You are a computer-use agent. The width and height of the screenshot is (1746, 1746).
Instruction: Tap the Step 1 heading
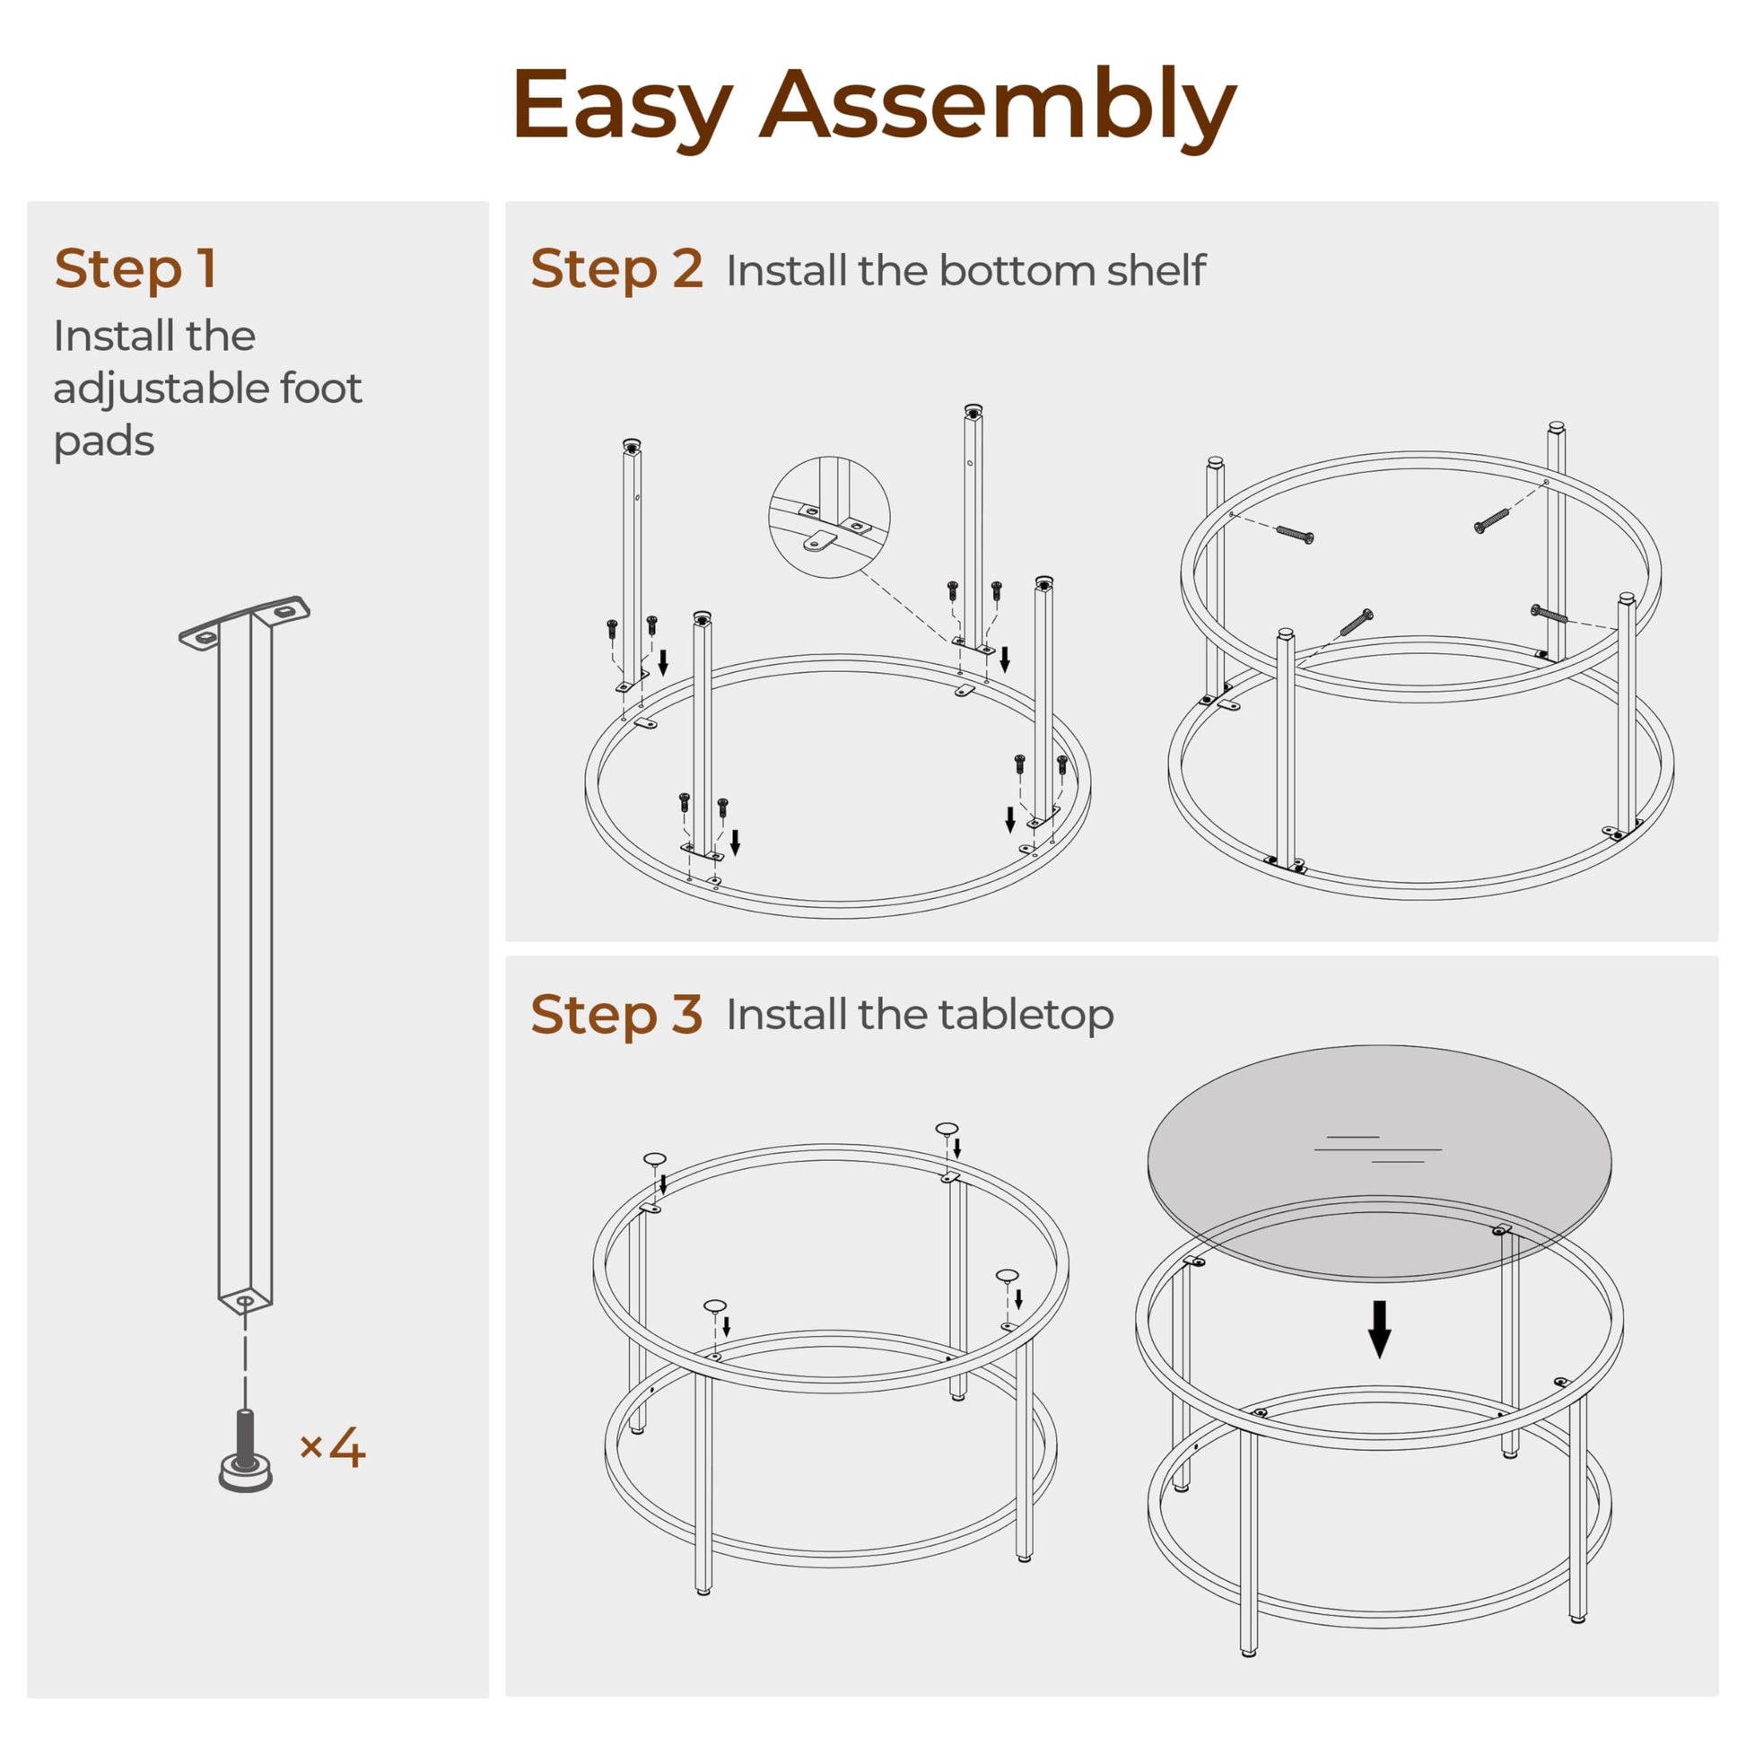135,268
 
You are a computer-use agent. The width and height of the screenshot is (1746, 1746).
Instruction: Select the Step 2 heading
616,268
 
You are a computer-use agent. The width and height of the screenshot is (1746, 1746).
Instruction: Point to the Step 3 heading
616,1013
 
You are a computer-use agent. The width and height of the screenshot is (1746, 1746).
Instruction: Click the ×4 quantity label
332,1448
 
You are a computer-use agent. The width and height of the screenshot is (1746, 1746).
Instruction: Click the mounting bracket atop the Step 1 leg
244,622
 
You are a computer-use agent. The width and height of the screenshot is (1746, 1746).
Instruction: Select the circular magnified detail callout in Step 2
829,517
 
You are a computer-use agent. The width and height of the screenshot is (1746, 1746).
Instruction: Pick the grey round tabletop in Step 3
1379,1163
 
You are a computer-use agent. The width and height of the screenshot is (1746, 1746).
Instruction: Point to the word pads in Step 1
104,441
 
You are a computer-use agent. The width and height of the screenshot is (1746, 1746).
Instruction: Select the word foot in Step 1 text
321,388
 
